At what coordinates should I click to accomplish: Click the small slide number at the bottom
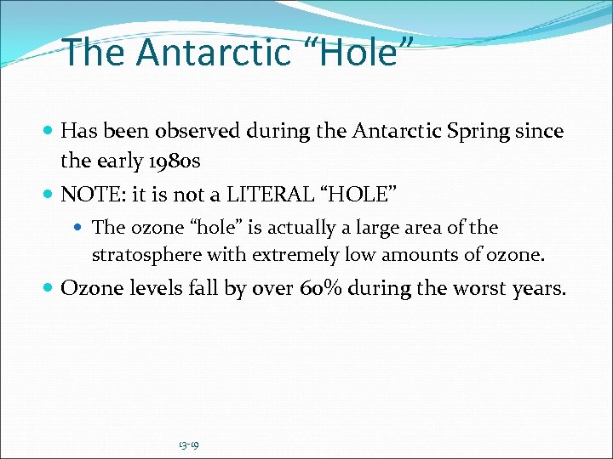(189, 445)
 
